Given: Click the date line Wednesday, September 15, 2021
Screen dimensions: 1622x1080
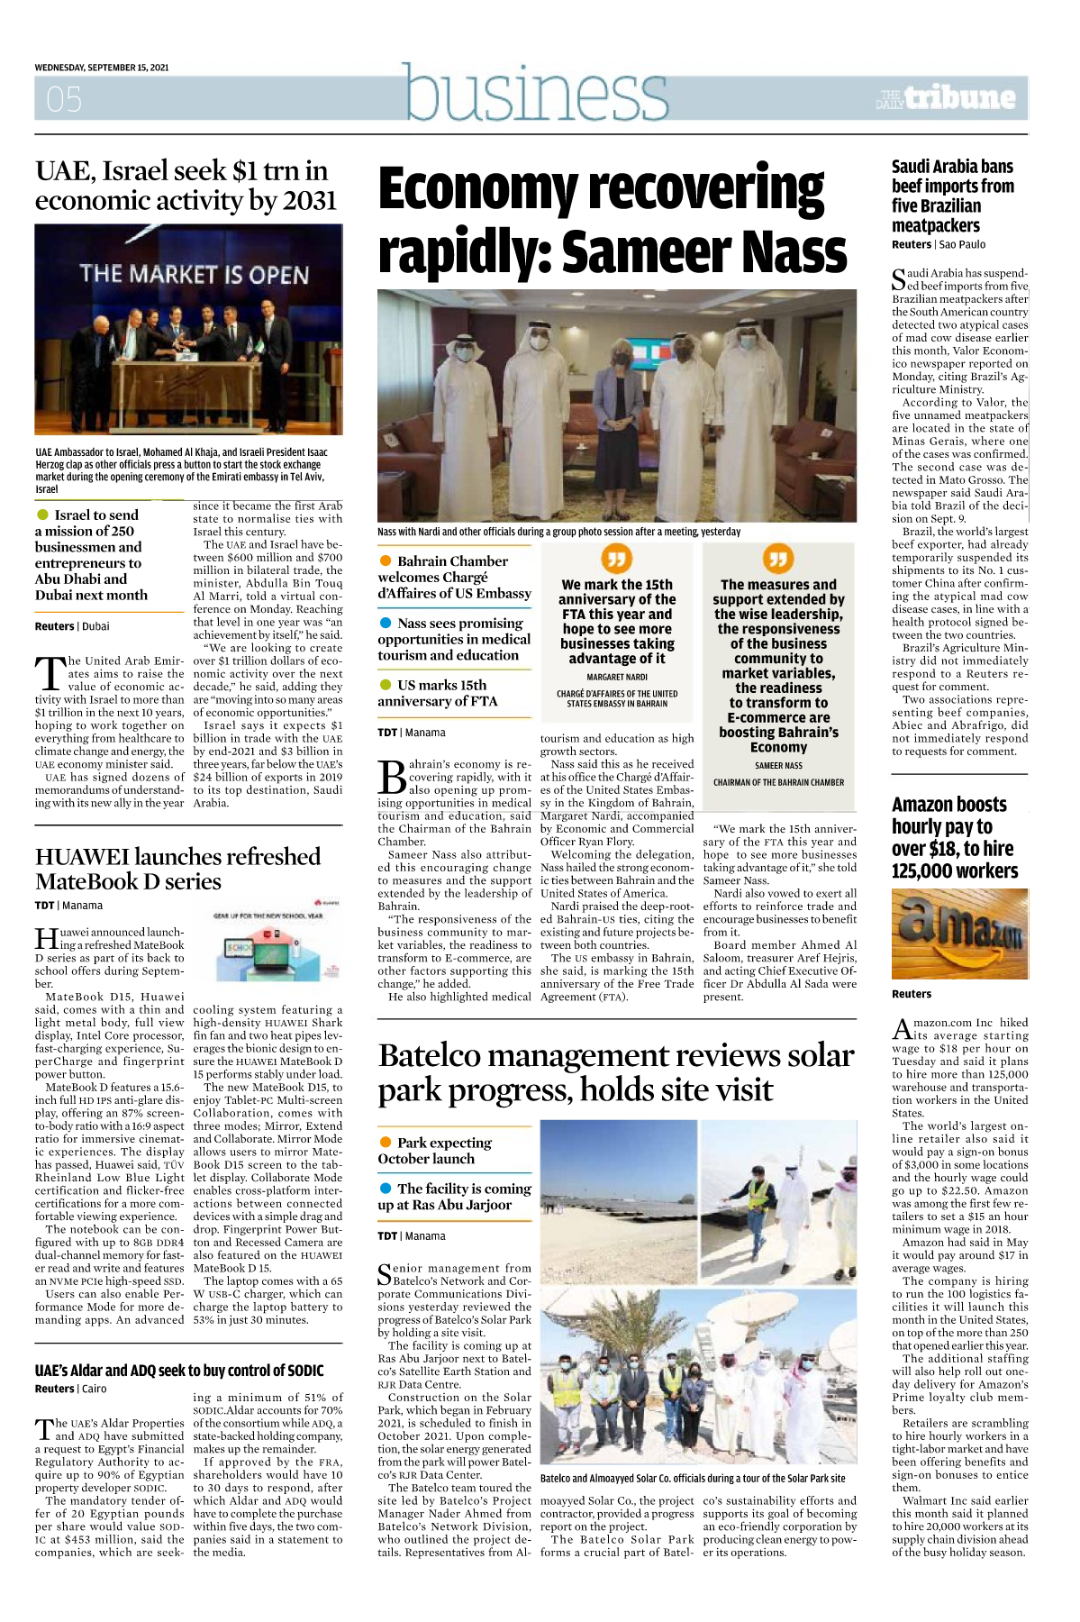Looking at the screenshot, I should (x=102, y=68).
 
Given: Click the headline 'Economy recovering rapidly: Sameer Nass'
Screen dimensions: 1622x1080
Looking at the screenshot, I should (x=612, y=219).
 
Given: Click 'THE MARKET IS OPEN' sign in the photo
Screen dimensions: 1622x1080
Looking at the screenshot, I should (x=194, y=273).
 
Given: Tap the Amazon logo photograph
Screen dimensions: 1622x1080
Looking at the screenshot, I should (x=959, y=934).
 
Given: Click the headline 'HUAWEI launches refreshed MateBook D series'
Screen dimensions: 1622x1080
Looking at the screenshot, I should (x=177, y=868).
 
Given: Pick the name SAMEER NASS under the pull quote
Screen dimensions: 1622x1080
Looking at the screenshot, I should (x=778, y=766).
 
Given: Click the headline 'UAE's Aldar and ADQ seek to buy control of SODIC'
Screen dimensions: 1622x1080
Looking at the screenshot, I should (x=179, y=1371).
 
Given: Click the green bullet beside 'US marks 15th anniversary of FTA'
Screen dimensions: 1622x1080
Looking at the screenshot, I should (x=386, y=685).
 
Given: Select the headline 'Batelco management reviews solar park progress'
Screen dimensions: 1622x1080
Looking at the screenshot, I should (x=615, y=1071).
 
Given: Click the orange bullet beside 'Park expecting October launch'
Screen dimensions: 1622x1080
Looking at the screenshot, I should (x=386, y=1142).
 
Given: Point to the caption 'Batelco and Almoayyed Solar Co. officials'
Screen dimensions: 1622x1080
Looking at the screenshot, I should (x=693, y=1478).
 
